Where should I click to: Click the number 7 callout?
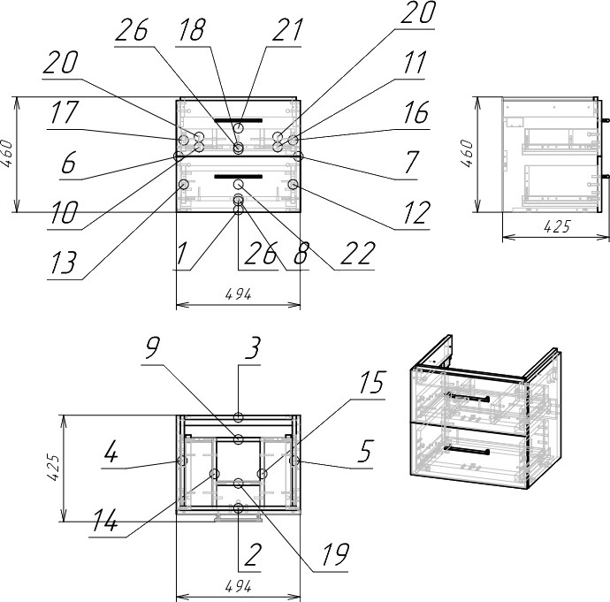pyautogui.click(x=409, y=164)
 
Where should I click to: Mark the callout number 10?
pyautogui.click(x=65, y=212)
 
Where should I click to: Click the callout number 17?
pyautogui.click(x=65, y=113)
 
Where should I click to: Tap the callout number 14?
pyautogui.click(x=104, y=523)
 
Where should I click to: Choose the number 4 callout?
pyautogui.click(x=111, y=454)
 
